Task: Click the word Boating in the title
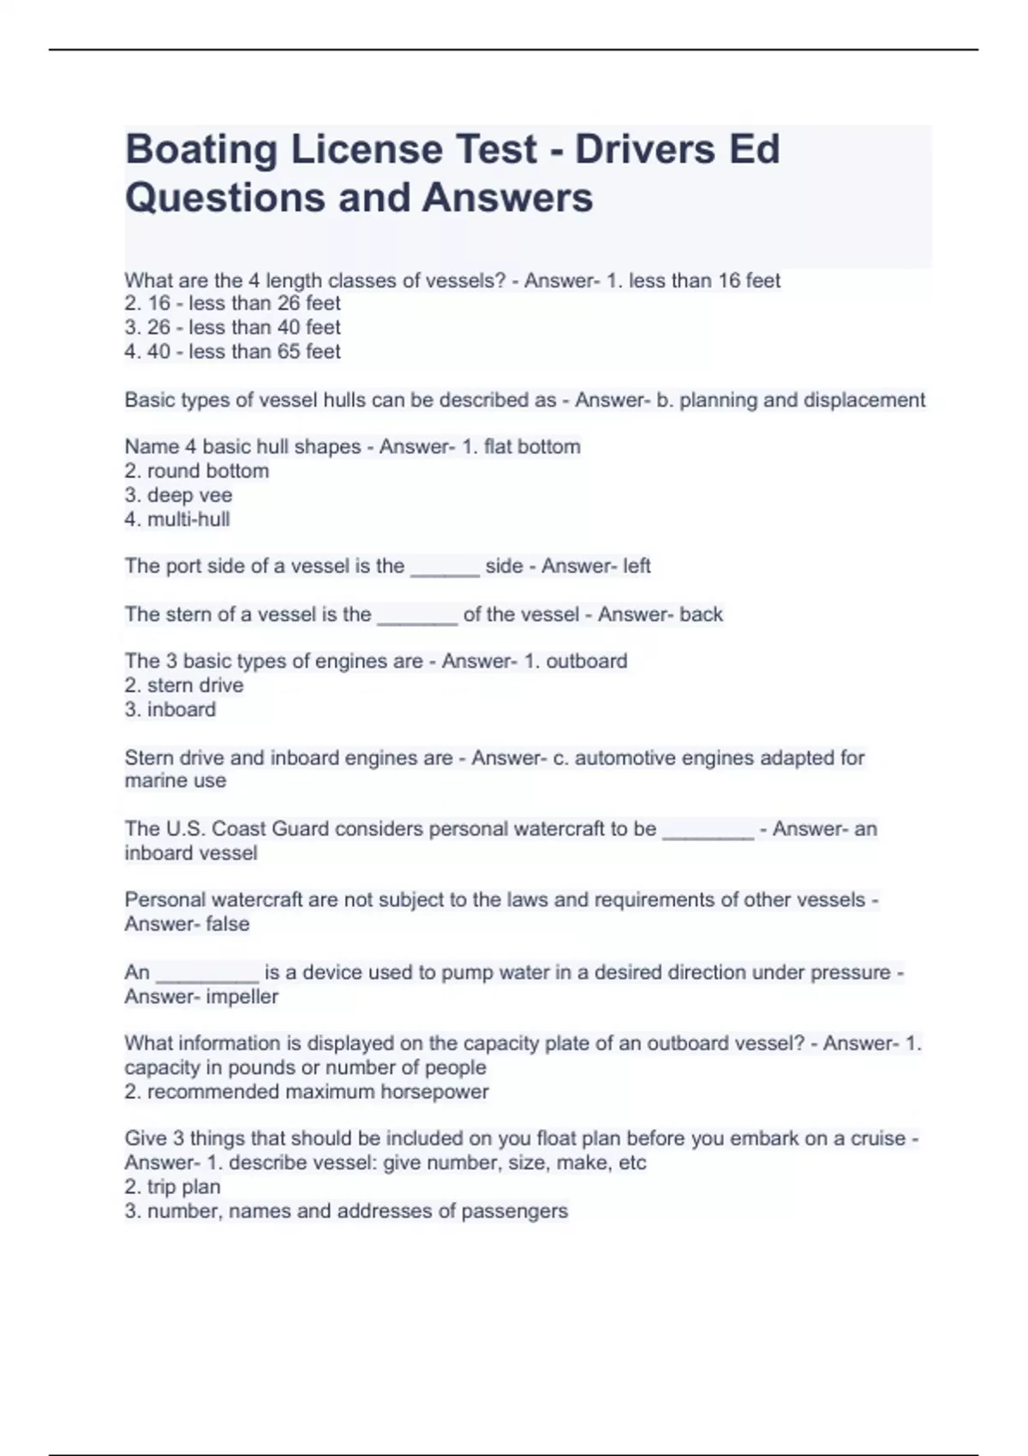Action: pos(202,150)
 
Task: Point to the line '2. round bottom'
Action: pos(197,471)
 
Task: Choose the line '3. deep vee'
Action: pos(178,495)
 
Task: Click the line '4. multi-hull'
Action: pos(177,519)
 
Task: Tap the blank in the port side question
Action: pos(445,569)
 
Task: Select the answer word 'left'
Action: pos(637,566)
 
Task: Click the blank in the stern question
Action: pos(417,618)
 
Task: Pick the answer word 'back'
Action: pos(701,614)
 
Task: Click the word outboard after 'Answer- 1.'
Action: pos(586,661)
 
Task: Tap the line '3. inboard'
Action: pos(170,709)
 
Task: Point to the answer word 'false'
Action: pos(227,924)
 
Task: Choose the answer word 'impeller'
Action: pos(242,997)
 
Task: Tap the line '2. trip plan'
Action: pos(172,1187)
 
